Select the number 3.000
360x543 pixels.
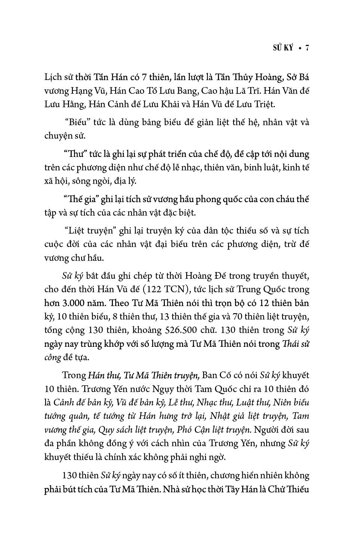81,303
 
